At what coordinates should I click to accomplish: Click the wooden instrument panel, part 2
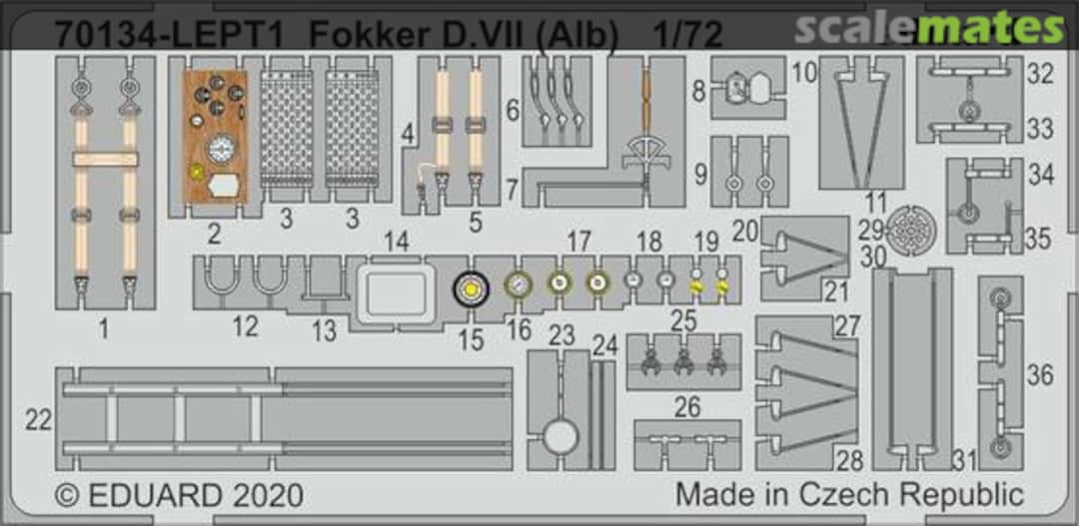215,136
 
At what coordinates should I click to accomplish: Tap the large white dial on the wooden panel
221,148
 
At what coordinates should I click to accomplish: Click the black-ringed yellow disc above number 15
470,290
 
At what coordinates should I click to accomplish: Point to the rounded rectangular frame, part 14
396,293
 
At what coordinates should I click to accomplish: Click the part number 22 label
39,419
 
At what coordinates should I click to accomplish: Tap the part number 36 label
1040,375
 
